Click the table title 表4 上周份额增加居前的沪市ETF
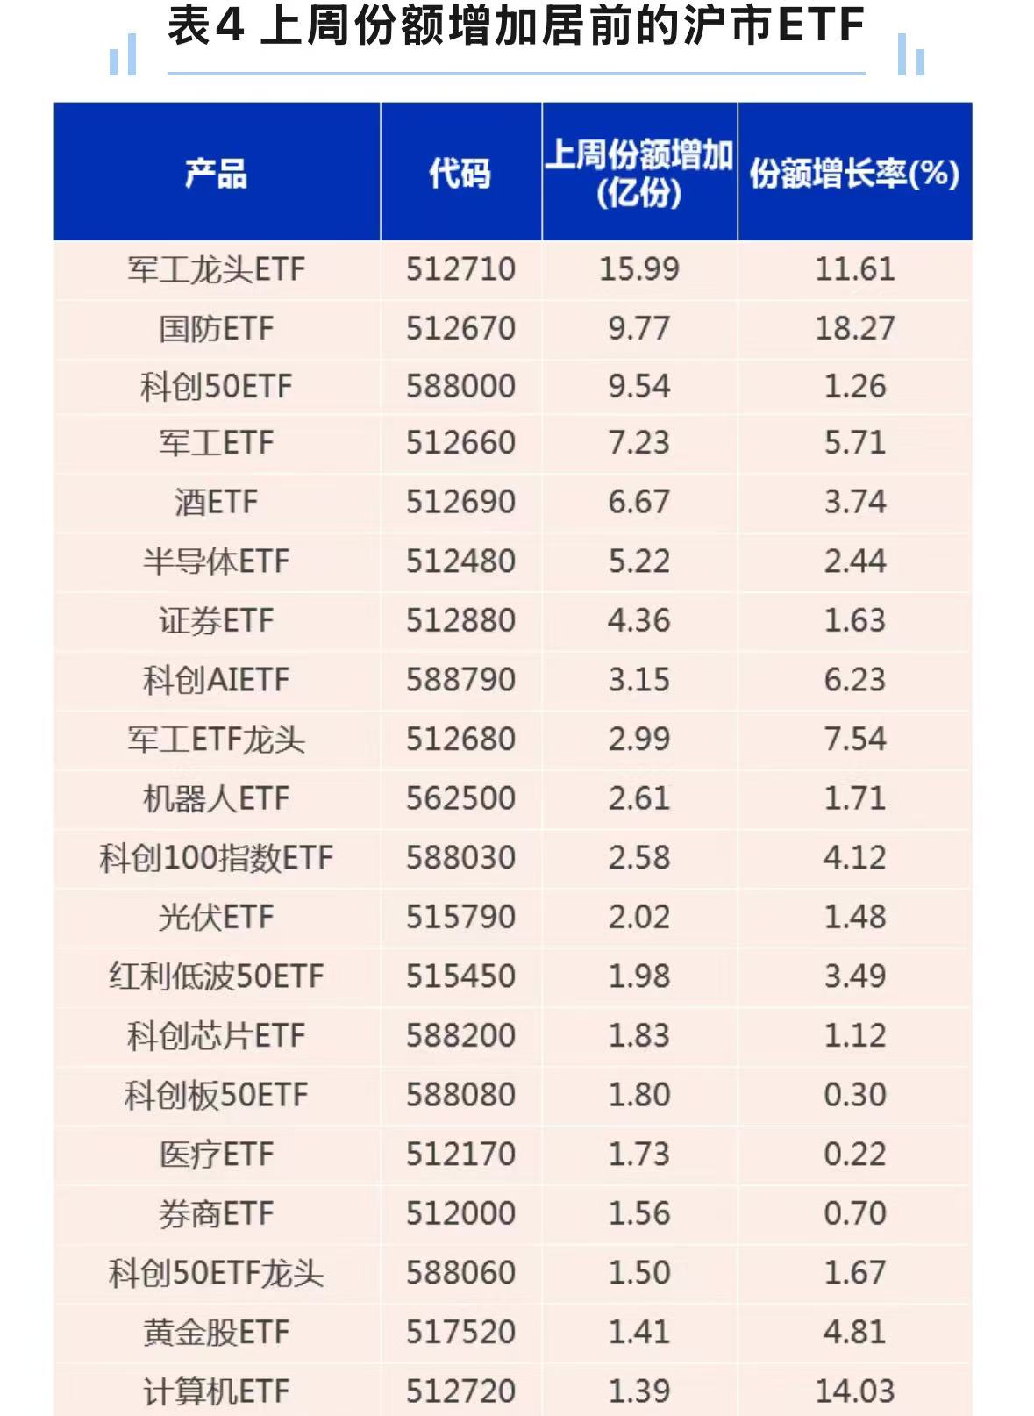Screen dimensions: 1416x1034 [x=516, y=26]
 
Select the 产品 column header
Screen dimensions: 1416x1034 [x=216, y=173]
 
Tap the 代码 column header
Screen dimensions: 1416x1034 [x=460, y=173]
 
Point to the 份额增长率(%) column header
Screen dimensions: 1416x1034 [x=854, y=173]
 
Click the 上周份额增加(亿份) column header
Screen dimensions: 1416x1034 [x=638, y=173]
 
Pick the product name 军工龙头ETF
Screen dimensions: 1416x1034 [x=216, y=269]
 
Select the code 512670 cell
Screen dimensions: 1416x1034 [x=460, y=328]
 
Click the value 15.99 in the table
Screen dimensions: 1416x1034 [x=638, y=269]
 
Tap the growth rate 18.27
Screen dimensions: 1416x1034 [x=854, y=328]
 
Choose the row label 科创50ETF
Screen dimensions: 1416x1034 [x=216, y=386]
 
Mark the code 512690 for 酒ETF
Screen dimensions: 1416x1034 [x=460, y=502]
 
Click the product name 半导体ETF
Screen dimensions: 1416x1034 [x=216, y=561]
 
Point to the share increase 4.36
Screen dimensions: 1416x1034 [x=638, y=620]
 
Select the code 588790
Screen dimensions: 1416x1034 [x=460, y=680]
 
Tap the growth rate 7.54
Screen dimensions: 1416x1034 [x=854, y=739]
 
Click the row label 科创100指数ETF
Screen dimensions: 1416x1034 [x=216, y=858]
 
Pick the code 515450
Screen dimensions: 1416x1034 [x=460, y=976]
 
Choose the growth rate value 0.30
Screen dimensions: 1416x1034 [x=854, y=1094]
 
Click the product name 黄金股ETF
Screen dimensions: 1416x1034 [x=216, y=1332]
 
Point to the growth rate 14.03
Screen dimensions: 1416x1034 [x=854, y=1391]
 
